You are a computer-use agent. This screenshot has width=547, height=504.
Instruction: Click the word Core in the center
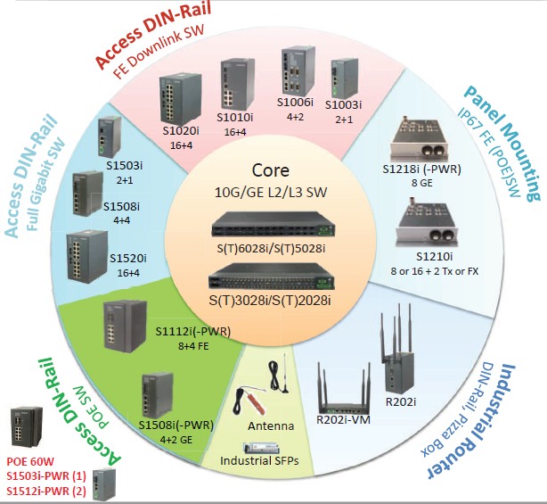271,169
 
